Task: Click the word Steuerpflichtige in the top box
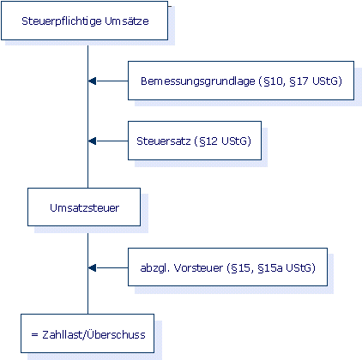(x=62, y=21)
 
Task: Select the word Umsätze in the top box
(x=127, y=21)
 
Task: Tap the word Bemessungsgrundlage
(x=198, y=81)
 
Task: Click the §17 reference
(x=299, y=81)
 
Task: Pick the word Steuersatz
(x=164, y=141)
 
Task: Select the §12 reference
(x=208, y=141)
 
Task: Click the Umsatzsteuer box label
(x=84, y=207)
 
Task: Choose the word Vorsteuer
(x=198, y=268)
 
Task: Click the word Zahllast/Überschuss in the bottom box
(x=94, y=334)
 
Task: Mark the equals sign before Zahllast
(x=34, y=334)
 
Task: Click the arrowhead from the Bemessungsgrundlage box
(x=92, y=81)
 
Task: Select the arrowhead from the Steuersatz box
(x=92, y=141)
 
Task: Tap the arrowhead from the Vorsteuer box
(x=92, y=268)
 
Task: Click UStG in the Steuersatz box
(x=234, y=141)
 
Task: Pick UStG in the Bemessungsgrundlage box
(x=325, y=81)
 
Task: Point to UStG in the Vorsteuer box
(x=299, y=268)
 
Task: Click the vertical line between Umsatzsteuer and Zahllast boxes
(x=87, y=273)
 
